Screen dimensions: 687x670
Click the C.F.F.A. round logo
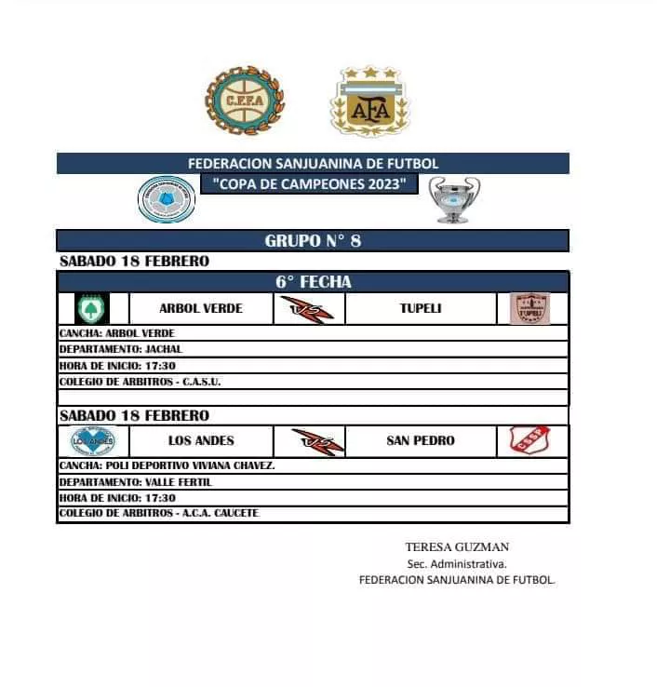point(245,99)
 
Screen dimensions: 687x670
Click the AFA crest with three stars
point(369,101)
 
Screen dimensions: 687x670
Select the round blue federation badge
point(167,200)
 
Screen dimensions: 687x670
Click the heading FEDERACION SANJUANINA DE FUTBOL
point(313,163)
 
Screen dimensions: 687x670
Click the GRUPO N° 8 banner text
point(313,241)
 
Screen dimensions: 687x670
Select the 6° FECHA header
point(313,282)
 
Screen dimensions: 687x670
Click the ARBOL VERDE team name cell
point(201,308)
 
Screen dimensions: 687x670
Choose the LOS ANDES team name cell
point(201,440)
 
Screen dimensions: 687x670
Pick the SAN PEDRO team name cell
point(421,440)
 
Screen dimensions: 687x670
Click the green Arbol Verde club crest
point(92,308)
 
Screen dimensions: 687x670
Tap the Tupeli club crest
point(529,308)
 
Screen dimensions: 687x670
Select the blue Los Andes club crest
point(93,440)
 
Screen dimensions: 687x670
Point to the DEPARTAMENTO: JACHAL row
point(121,349)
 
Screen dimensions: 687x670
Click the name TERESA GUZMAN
point(457,547)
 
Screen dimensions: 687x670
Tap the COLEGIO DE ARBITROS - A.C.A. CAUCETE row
point(159,513)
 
